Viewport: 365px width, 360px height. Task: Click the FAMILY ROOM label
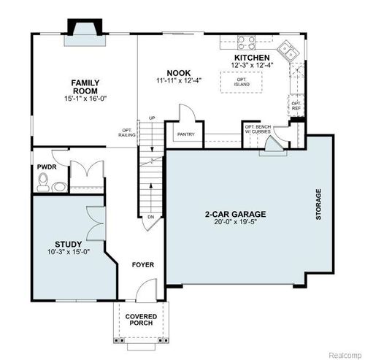(84, 87)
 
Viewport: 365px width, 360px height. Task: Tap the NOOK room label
(178, 72)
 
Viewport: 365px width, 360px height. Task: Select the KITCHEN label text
(252, 58)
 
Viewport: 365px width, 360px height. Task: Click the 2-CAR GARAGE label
(235, 215)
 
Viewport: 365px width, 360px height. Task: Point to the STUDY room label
(68, 244)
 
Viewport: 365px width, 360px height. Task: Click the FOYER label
(142, 264)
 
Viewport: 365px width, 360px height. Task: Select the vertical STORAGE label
(318, 204)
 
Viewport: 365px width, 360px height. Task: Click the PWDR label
(47, 166)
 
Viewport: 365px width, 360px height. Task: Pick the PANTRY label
(184, 134)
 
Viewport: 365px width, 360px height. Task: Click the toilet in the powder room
(45, 183)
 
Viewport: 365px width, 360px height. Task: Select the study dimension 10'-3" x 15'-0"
(68, 253)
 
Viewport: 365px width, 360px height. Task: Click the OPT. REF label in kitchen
(296, 105)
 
